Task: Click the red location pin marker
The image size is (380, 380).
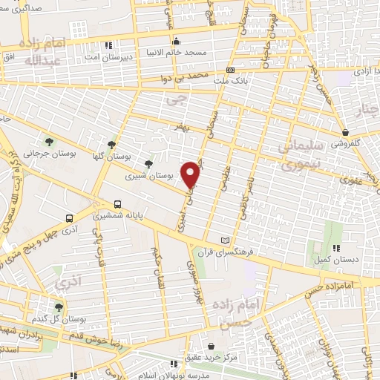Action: click(191, 174)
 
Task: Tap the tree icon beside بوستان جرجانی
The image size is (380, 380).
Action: click(49, 140)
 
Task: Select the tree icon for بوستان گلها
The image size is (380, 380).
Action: click(111, 145)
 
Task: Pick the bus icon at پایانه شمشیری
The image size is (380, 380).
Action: click(118, 205)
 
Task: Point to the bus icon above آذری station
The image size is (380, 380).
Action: click(69, 219)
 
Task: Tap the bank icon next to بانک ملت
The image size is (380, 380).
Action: click(229, 70)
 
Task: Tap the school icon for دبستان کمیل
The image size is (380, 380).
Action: click(336, 248)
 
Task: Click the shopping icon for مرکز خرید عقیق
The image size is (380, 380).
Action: click(212, 346)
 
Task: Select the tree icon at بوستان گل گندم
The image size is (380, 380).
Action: click(59, 306)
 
